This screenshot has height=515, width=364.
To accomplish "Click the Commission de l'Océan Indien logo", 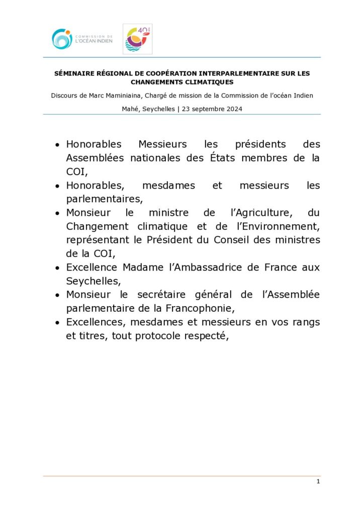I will coord(82,39).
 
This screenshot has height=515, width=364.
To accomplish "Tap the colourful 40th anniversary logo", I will coord(137,39).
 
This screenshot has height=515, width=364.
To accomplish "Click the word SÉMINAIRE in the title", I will coord(73,73).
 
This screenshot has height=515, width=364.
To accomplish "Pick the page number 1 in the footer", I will coord(318,482).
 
